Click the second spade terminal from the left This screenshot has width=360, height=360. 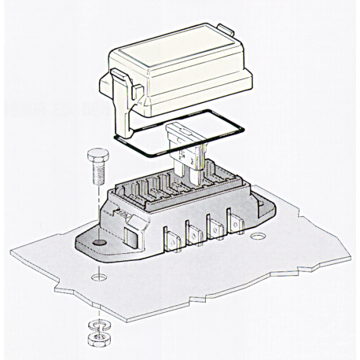(191, 232)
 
